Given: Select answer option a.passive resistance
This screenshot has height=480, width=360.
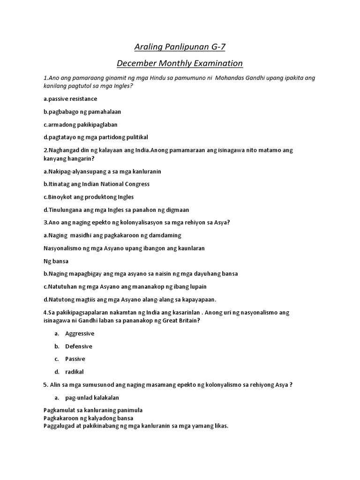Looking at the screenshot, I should [70, 99].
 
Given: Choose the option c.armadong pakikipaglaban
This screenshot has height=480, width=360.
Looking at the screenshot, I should [80, 124].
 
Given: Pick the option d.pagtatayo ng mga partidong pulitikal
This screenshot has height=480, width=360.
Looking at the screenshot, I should [96, 137].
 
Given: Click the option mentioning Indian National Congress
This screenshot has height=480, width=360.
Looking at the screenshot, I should [96, 184].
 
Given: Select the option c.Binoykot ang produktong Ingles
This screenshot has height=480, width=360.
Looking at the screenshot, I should [89, 197].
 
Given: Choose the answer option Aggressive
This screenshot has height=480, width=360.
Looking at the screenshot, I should [80, 333].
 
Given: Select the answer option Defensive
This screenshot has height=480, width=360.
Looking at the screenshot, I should [79, 346].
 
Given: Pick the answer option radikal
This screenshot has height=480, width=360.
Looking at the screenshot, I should [75, 372].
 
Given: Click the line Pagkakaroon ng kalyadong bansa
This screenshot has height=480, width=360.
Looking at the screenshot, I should [88, 418].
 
